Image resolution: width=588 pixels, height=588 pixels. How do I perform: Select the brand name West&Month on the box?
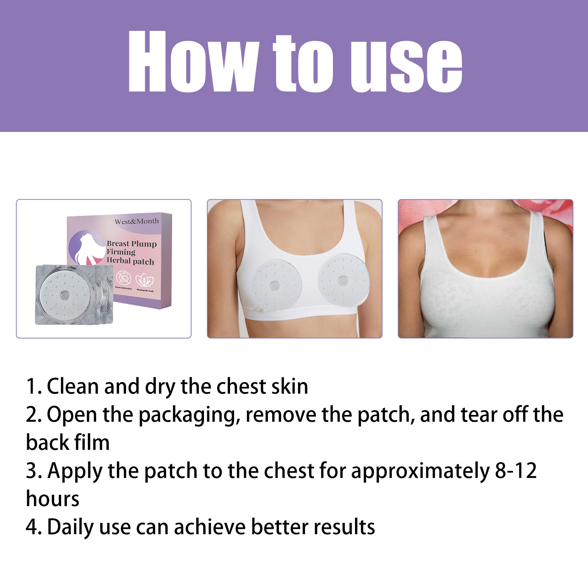137,221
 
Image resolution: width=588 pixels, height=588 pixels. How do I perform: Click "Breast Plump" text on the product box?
132,244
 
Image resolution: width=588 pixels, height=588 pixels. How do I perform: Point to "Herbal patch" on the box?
130,261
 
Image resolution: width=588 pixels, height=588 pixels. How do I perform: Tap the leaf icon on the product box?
145,280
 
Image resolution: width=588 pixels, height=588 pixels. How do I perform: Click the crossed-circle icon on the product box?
123,279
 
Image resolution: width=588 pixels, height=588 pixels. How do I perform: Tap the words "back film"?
68,442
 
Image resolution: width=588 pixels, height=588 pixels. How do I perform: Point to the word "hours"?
53,499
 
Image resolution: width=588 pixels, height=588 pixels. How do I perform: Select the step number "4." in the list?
33,527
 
